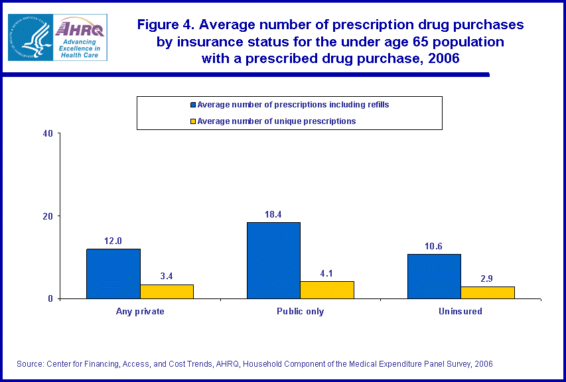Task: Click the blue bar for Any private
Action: [x=113, y=273]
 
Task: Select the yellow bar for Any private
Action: [x=167, y=291]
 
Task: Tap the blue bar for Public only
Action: [x=273, y=260]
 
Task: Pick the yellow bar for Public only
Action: [x=327, y=290]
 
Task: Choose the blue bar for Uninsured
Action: [x=434, y=276]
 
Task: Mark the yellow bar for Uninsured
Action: [x=488, y=292]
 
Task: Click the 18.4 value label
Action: [x=273, y=214]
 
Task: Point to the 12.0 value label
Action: [x=113, y=241]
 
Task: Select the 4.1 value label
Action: [x=327, y=273]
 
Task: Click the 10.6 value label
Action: [x=434, y=246]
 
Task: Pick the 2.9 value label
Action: [x=488, y=279]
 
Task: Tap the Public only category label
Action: [x=301, y=311]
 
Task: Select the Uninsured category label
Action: [x=461, y=311]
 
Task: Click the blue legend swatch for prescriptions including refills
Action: [x=193, y=105]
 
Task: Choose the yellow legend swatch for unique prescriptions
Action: [x=193, y=121]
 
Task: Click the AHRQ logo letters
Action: [x=80, y=29]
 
